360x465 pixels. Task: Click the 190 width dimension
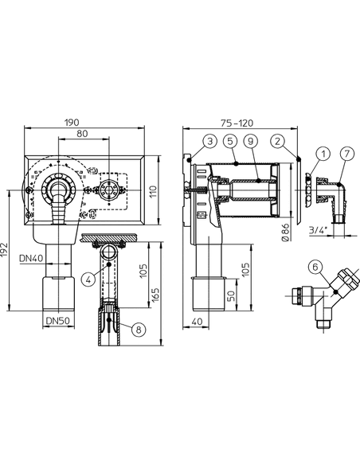click(x=72, y=122)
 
